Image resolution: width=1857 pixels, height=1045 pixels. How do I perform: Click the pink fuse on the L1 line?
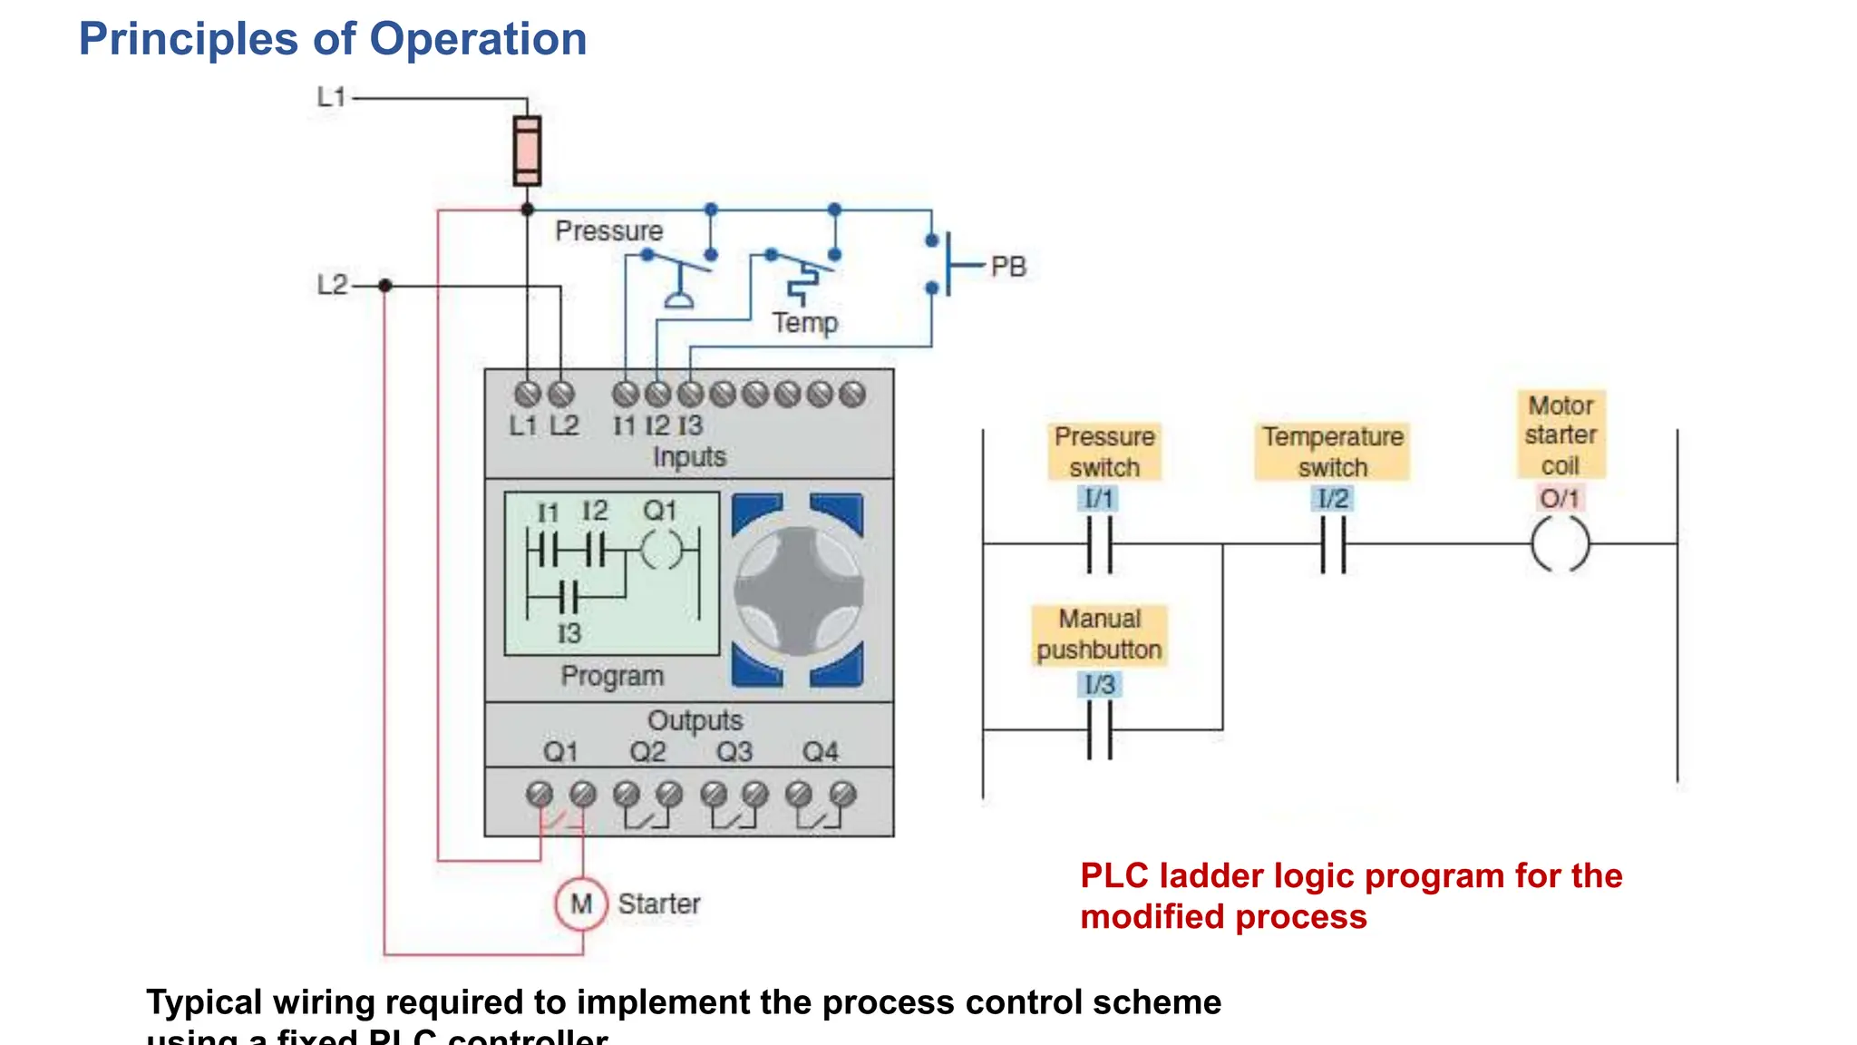(527, 151)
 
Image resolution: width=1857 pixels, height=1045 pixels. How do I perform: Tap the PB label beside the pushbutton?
(1008, 267)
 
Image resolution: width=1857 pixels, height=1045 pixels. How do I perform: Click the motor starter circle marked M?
(581, 903)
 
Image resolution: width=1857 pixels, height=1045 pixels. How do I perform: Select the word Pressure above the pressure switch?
(608, 231)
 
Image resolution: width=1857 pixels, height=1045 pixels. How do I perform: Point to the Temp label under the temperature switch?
(805, 323)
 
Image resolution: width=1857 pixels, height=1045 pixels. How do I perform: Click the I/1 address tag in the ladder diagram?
(1099, 498)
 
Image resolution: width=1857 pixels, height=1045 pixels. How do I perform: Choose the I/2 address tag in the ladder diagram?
(1333, 498)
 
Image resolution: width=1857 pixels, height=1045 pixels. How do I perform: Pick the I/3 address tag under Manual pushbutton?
(1100, 684)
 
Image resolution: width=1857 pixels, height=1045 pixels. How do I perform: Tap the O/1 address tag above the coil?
(1560, 498)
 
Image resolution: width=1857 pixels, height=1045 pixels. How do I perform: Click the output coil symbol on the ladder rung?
(1560, 544)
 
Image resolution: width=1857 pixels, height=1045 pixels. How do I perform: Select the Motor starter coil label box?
(1560, 435)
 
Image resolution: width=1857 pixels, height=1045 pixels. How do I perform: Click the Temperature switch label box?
(1333, 452)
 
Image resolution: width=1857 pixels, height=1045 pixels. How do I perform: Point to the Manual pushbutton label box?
(1099, 635)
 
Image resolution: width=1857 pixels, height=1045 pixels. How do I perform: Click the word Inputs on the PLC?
(689, 456)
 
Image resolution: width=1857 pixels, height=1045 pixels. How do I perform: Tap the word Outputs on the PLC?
(695, 720)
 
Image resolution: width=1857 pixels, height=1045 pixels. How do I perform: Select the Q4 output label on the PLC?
(821, 752)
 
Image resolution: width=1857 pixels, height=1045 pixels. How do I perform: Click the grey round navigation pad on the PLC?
(798, 591)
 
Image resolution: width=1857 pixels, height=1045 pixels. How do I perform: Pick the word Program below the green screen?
(612, 676)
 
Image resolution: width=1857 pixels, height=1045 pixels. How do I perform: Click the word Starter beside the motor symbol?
(659, 903)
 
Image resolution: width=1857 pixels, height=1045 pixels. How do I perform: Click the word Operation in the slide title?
(478, 39)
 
